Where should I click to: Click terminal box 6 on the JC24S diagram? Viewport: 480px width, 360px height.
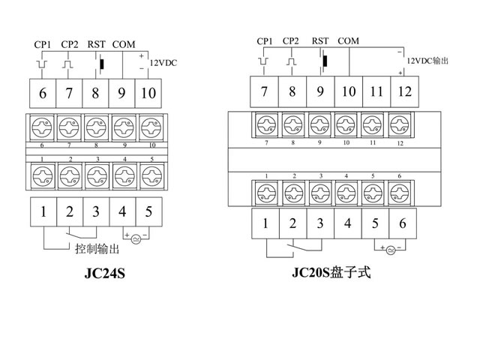coord(43,93)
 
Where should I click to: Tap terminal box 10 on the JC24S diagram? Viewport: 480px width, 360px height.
coord(148,93)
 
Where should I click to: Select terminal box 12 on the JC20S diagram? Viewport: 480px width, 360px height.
coord(404,91)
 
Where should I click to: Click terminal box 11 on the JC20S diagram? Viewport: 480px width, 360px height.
coord(376,91)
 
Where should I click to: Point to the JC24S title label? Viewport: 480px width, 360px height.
coord(104,274)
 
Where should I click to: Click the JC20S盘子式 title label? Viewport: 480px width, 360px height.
coord(331,272)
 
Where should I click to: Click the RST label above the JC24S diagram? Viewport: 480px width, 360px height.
coord(97,44)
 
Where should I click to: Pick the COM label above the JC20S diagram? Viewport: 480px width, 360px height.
coord(349,40)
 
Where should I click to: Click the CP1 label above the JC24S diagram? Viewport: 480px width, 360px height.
coord(42,44)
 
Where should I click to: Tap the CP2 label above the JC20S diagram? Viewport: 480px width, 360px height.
coord(291,40)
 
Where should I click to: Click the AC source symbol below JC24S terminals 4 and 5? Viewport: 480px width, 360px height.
coord(136,238)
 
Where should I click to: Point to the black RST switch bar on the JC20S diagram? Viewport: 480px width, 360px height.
coord(325,61)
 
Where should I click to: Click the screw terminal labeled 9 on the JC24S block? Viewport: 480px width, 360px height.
coord(122,124)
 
